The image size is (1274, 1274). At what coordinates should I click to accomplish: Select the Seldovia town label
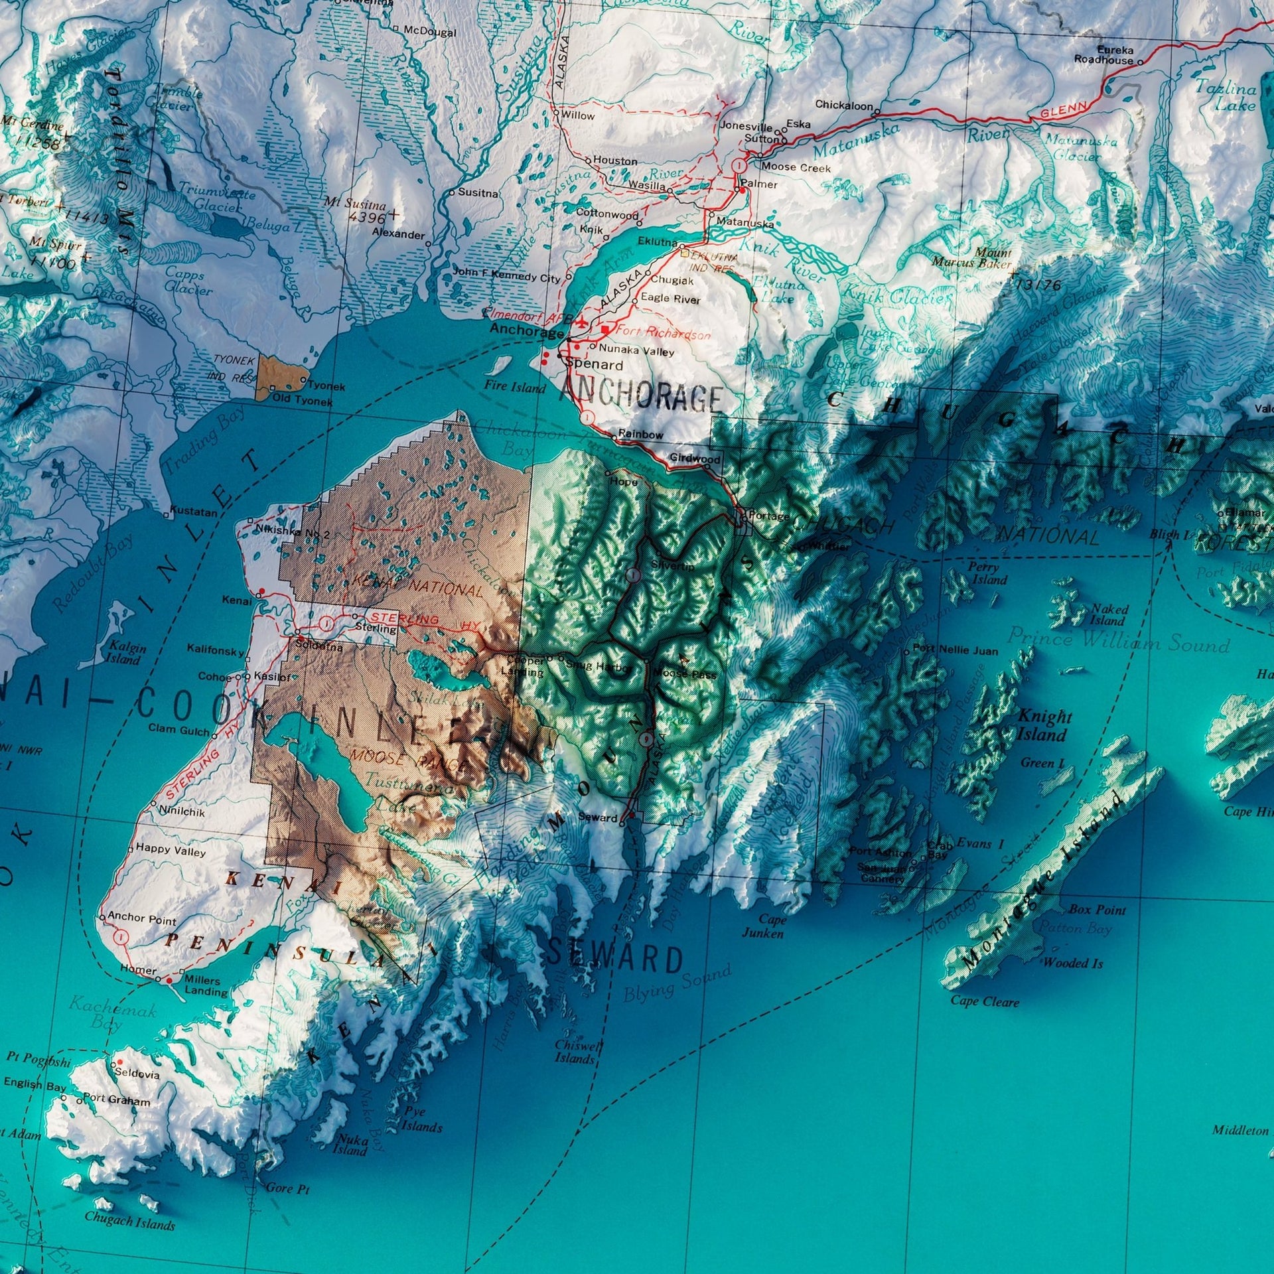tap(137, 1074)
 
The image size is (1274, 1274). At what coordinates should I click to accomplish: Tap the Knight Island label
tap(1045, 725)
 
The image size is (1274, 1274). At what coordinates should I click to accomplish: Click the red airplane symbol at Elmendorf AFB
tap(582, 323)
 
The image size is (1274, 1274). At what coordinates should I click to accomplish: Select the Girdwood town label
tap(695, 459)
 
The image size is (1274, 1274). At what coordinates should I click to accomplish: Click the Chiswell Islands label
tap(575, 1052)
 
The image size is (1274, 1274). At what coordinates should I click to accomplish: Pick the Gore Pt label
tap(288, 1189)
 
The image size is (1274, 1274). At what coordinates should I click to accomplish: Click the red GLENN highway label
tap(1064, 110)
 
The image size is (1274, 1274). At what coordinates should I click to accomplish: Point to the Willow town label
tap(578, 115)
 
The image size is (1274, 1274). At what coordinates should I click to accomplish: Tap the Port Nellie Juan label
tap(955, 650)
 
